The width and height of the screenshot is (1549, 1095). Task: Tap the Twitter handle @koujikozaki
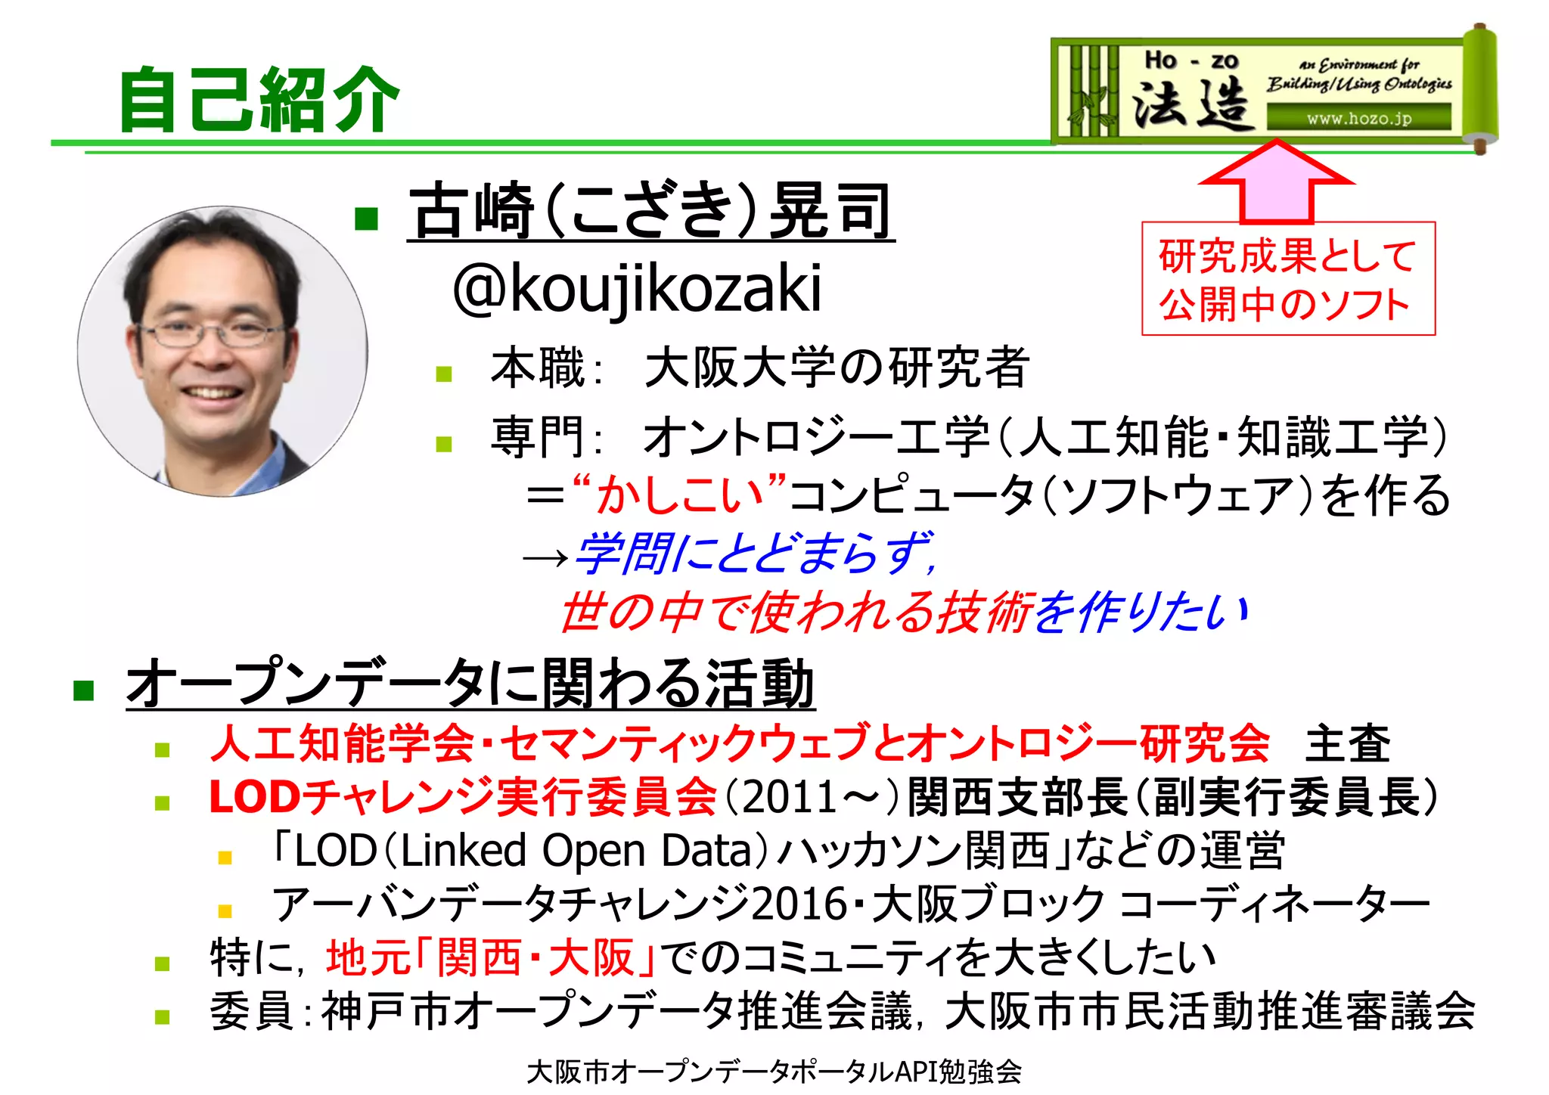pyautogui.click(x=637, y=288)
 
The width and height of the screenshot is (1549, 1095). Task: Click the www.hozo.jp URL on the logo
pyautogui.click(x=1358, y=118)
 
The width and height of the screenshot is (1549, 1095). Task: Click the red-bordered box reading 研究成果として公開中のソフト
pyautogui.click(x=1287, y=278)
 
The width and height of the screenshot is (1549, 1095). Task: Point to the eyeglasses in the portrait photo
pyautogui.click(x=214, y=331)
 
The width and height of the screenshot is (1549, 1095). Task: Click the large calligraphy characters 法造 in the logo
pyautogui.click(x=1190, y=104)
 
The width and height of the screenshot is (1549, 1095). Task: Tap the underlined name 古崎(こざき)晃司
pyautogui.click(x=650, y=211)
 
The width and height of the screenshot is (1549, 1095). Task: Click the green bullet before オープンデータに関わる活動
pyautogui.click(x=83, y=689)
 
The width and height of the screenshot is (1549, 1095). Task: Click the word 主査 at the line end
pyautogui.click(x=1347, y=743)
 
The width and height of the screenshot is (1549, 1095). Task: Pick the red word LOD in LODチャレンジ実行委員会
pyautogui.click(x=255, y=797)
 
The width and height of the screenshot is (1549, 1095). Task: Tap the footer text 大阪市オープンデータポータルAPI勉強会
pyautogui.click(x=774, y=1071)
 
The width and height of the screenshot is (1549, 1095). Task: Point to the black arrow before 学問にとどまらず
pyautogui.click(x=545, y=558)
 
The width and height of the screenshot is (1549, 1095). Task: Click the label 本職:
pyautogui.click(x=545, y=369)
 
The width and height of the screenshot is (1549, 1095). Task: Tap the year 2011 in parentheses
pyautogui.click(x=790, y=797)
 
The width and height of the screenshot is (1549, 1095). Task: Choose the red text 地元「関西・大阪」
pyautogui.click(x=491, y=957)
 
